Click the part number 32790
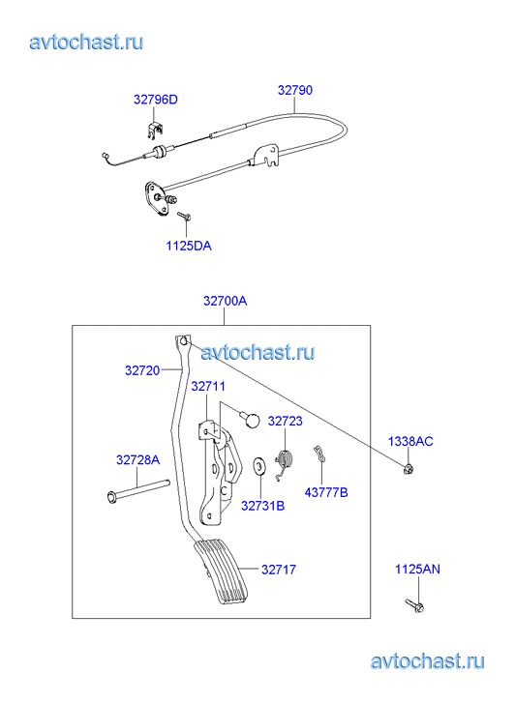pos(295,90)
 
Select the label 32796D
pos(155,100)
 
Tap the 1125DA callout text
pos(189,246)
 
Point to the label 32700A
pos(225,301)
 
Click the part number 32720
pos(142,370)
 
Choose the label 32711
pos(208,386)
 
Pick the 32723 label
pos(286,421)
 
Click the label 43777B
pos(326,492)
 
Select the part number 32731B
pos(262,506)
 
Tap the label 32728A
pos(137,459)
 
